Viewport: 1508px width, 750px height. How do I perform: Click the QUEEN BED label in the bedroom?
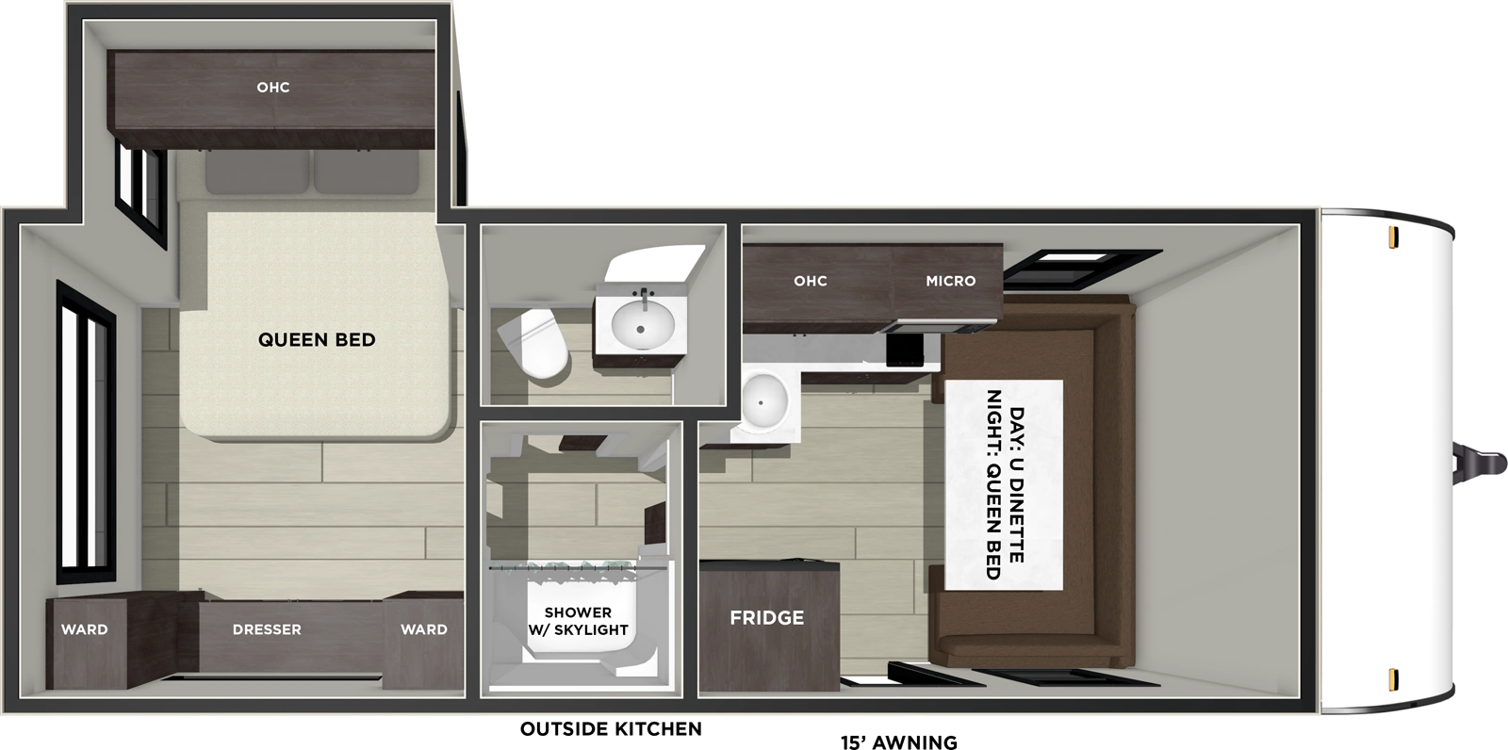[317, 339]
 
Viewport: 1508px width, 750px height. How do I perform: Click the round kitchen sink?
[764, 399]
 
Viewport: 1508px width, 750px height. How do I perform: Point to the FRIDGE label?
[766, 618]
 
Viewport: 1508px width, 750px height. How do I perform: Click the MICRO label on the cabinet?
[950, 281]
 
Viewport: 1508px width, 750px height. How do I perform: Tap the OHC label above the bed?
[273, 88]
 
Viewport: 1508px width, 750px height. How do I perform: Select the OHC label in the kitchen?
[810, 281]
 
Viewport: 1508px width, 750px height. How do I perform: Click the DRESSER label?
[267, 629]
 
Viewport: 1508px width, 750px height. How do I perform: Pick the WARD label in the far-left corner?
[85, 629]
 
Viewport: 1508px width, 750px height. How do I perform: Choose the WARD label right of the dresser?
[424, 629]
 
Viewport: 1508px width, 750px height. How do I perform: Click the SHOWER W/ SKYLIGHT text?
[578, 621]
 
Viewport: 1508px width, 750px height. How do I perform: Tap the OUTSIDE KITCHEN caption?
[611, 728]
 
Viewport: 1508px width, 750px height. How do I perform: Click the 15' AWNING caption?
[898, 742]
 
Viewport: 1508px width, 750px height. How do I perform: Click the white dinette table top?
[1004, 485]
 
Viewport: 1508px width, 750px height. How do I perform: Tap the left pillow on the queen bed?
[257, 173]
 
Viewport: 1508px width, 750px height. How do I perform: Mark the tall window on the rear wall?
[86, 432]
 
